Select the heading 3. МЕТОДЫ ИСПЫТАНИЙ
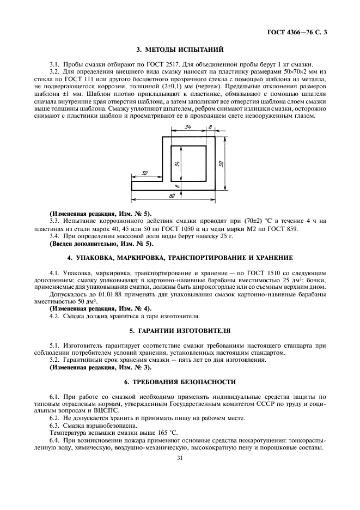(180, 50)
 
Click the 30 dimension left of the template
(145, 173)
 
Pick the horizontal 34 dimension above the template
(187, 128)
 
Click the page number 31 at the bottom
(180, 458)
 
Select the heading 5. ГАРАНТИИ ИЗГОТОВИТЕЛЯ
(180, 331)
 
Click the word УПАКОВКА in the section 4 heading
(99, 257)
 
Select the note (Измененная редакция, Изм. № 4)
(89, 308)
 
